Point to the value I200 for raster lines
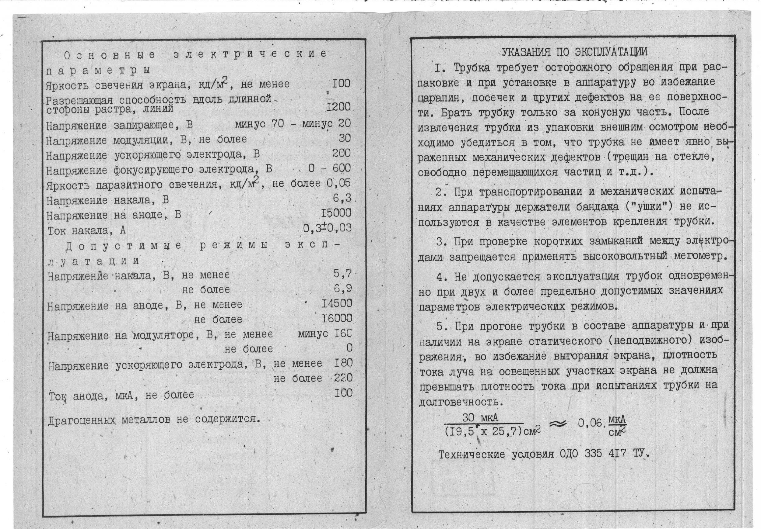338,107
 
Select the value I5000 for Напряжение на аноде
336,213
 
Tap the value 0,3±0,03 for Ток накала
327,228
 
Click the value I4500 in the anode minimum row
337,303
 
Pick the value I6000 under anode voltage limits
337,318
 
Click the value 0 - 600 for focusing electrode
329,168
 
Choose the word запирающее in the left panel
143,126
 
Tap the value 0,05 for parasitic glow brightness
338,183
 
